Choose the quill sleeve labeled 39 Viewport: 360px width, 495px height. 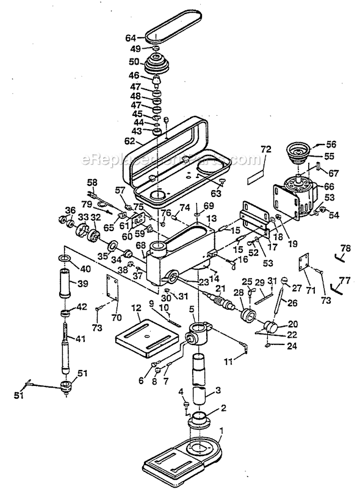click(x=66, y=284)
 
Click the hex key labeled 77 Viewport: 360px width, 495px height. click(x=334, y=285)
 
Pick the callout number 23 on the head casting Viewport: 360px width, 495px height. click(x=203, y=282)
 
